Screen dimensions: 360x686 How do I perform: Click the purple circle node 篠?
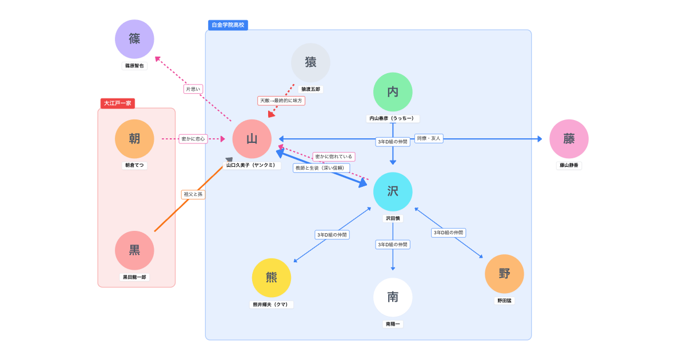(134, 39)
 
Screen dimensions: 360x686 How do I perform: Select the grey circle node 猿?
(310, 62)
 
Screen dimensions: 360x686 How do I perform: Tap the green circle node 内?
(393, 91)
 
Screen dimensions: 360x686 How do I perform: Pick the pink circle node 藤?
(569, 139)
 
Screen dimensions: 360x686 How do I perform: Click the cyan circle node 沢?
(393, 191)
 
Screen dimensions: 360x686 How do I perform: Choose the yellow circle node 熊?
(272, 278)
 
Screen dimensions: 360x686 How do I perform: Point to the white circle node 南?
(393, 297)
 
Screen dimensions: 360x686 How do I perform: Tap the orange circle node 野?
(504, 274)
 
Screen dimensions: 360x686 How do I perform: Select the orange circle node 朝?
(134, 139)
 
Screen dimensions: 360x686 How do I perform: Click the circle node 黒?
(134, 250)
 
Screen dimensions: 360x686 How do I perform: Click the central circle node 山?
(252, 139)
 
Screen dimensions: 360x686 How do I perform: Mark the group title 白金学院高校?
(228, 25)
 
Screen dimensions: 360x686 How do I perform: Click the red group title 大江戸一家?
(118, 103)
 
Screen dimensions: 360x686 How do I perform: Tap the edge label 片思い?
(193, 89)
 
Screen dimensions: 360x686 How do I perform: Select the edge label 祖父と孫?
(193, 194)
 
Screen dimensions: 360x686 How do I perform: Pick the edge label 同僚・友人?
(429, 138)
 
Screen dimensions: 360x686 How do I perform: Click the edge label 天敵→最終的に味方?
(281, 101)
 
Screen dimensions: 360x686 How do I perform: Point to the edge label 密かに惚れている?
(333, 157)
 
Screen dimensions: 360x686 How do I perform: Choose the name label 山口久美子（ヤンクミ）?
(252, 165)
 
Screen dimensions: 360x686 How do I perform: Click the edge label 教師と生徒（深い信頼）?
(321, 168)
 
